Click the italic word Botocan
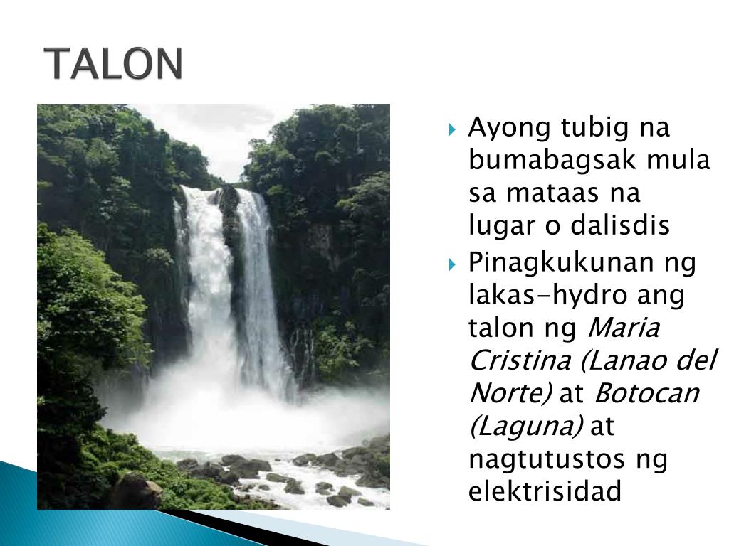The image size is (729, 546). [646, 393]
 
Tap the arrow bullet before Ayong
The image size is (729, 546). [453, 130]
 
